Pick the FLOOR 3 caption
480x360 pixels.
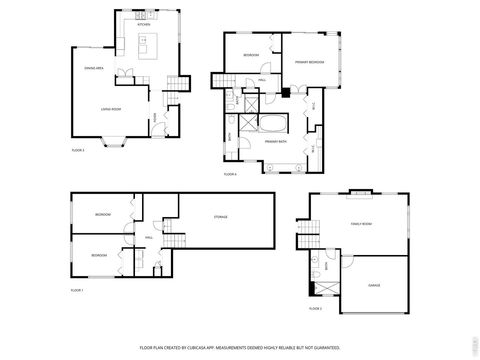point(77,150)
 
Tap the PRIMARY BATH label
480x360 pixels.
point(276,141)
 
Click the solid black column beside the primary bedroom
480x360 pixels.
point(286,94)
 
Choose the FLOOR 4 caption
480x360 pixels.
point(229,173)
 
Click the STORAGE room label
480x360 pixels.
point(220,217)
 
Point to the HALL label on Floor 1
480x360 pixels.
point(148,238)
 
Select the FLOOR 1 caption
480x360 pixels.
point(77,289)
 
